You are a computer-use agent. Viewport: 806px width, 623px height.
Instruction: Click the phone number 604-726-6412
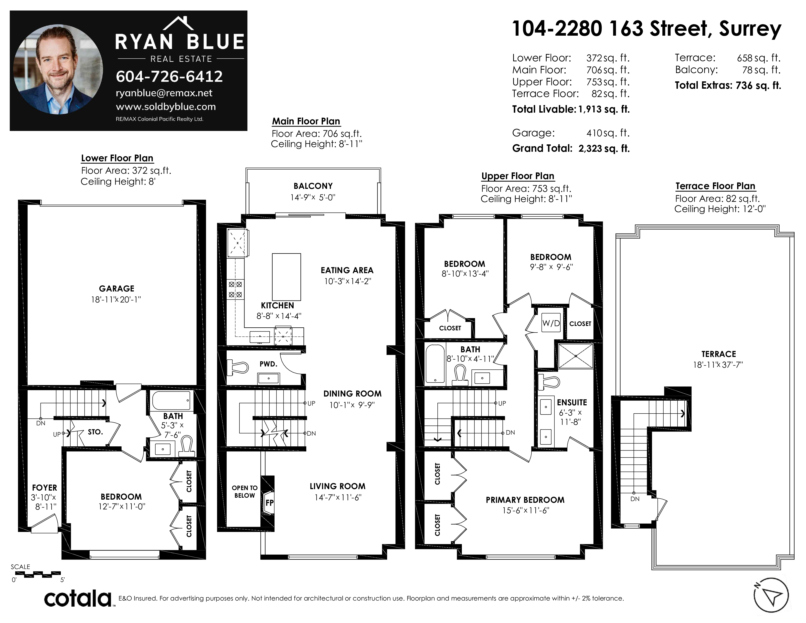pyautogui.click(x=170, y=76)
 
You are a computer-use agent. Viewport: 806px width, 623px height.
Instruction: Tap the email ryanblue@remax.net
pyautogui.click(x=164, y=93)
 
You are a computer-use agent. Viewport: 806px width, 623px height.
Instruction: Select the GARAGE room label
pyautogui.click(x=117, y=289)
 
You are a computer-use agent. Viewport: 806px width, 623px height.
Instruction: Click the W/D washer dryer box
pyautogui.click(x=551, y=323)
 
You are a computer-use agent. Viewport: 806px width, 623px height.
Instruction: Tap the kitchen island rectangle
pyautogui.click(x=286, y=277)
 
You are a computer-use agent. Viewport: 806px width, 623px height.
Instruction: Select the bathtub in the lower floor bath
pyautogui.click(x=171, y=400)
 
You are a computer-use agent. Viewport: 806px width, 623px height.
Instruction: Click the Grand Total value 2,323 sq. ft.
pyautogui.click(x=604, y=148)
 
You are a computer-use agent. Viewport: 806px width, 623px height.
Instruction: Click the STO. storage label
pyautogui.click(x=95, y=432)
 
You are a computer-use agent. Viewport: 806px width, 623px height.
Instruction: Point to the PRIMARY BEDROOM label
pyautogui.click(x=525, y=500)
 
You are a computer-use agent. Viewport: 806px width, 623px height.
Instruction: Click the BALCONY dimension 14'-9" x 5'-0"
pyautogui.click(x=313, y=197)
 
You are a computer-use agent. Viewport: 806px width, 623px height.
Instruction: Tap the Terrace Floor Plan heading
pyautogui.click(x=715, y=186)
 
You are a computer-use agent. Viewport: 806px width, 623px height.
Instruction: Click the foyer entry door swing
pyautogui.click(x=44, y=523)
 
